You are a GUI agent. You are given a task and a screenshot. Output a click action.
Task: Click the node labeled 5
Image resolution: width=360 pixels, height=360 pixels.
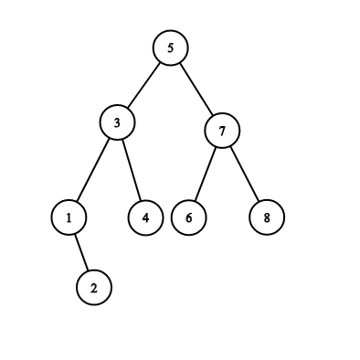(171, 48)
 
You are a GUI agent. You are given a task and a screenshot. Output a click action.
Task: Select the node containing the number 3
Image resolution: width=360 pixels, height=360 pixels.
(117, 122)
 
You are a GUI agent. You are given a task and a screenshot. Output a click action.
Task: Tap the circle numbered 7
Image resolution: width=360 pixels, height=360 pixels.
(222, 131)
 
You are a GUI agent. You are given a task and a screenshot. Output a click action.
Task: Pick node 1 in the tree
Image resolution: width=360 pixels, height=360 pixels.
(69, 217)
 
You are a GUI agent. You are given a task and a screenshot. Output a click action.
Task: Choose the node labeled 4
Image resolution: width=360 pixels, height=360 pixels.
(146, 217)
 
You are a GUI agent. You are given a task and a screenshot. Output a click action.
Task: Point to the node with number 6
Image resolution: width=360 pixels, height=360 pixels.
(189, 217)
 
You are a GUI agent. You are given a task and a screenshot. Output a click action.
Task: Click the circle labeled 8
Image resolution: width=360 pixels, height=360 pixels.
(267, 217)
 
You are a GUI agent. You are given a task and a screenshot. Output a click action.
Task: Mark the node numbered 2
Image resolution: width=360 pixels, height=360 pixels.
(94, 288)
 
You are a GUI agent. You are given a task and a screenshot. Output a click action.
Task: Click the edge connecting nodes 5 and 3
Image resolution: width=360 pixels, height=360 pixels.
(143, 85)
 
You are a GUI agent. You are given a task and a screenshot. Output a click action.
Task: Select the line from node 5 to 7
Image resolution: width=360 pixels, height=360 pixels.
(196, 89)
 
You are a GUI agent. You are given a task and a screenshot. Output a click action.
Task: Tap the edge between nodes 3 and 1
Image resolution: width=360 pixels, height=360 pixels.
(92, 170)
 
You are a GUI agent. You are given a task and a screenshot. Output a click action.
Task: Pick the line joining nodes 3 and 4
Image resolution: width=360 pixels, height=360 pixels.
(132, 170)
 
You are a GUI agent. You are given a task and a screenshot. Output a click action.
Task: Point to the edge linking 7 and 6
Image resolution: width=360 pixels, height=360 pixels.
(206, 175)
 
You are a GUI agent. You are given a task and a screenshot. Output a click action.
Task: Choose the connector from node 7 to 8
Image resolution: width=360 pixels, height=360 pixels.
(245, 174)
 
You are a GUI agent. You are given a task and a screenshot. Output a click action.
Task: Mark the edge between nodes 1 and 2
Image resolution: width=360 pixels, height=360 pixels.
(81, 252)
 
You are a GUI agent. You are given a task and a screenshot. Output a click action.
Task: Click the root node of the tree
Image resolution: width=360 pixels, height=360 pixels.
(171, 48)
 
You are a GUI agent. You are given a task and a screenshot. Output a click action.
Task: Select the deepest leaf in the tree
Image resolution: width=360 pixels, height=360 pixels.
(94, 288)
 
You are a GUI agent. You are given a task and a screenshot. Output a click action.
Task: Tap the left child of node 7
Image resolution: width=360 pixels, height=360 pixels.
(189, 217)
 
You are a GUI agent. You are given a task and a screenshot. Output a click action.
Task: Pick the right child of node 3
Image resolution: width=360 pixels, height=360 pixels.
(146, 217)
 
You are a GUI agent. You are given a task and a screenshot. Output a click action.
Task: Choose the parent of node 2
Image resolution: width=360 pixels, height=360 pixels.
(69, 217)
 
